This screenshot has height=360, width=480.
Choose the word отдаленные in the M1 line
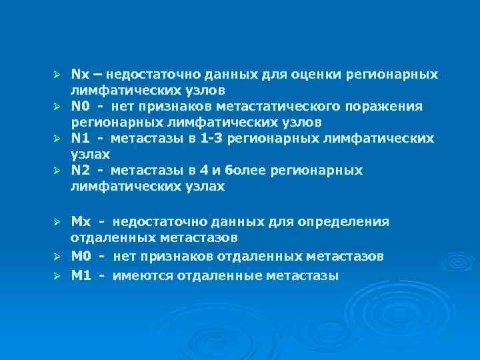pyautogui.click(x=210, y=275)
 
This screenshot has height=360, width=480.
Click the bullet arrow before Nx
pyautogui.click(x=57, y=73)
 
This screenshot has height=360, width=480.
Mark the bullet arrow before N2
pyautogui.click(x=57, y=171)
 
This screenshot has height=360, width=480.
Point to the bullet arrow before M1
pyautogui.click(x=57, y=275)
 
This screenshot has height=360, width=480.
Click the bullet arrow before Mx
pyautogui.click(x=57, y=221)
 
